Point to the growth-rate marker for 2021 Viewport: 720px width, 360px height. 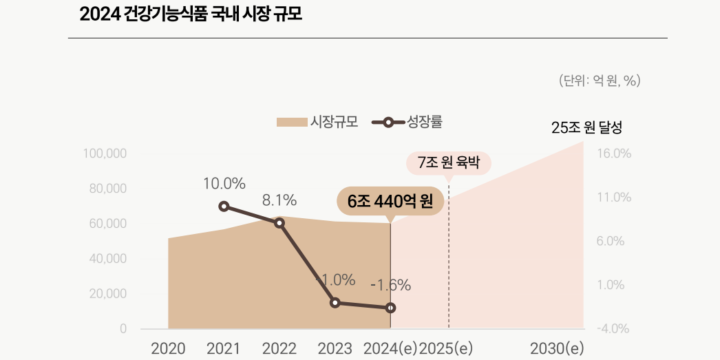point(224,207)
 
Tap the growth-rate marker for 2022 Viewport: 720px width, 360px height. point(279,223)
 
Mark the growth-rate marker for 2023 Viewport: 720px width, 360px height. point(335,303)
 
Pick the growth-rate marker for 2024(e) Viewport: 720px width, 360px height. point(390,308)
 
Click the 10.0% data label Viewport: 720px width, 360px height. point(224,184)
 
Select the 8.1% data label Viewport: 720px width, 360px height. point(279,201)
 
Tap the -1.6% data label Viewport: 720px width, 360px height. point(390,285)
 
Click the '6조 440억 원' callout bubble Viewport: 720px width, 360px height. point(390,202)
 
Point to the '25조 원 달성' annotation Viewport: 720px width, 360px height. point(586,128)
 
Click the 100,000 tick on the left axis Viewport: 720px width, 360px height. point(105,153)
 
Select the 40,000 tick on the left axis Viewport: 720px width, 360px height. point(107,259)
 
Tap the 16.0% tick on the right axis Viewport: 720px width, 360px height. point(614,153)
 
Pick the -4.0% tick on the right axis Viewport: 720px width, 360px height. point(614,329)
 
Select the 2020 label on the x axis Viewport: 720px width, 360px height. point(168,348)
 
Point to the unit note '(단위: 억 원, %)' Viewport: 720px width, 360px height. point(600,81)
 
